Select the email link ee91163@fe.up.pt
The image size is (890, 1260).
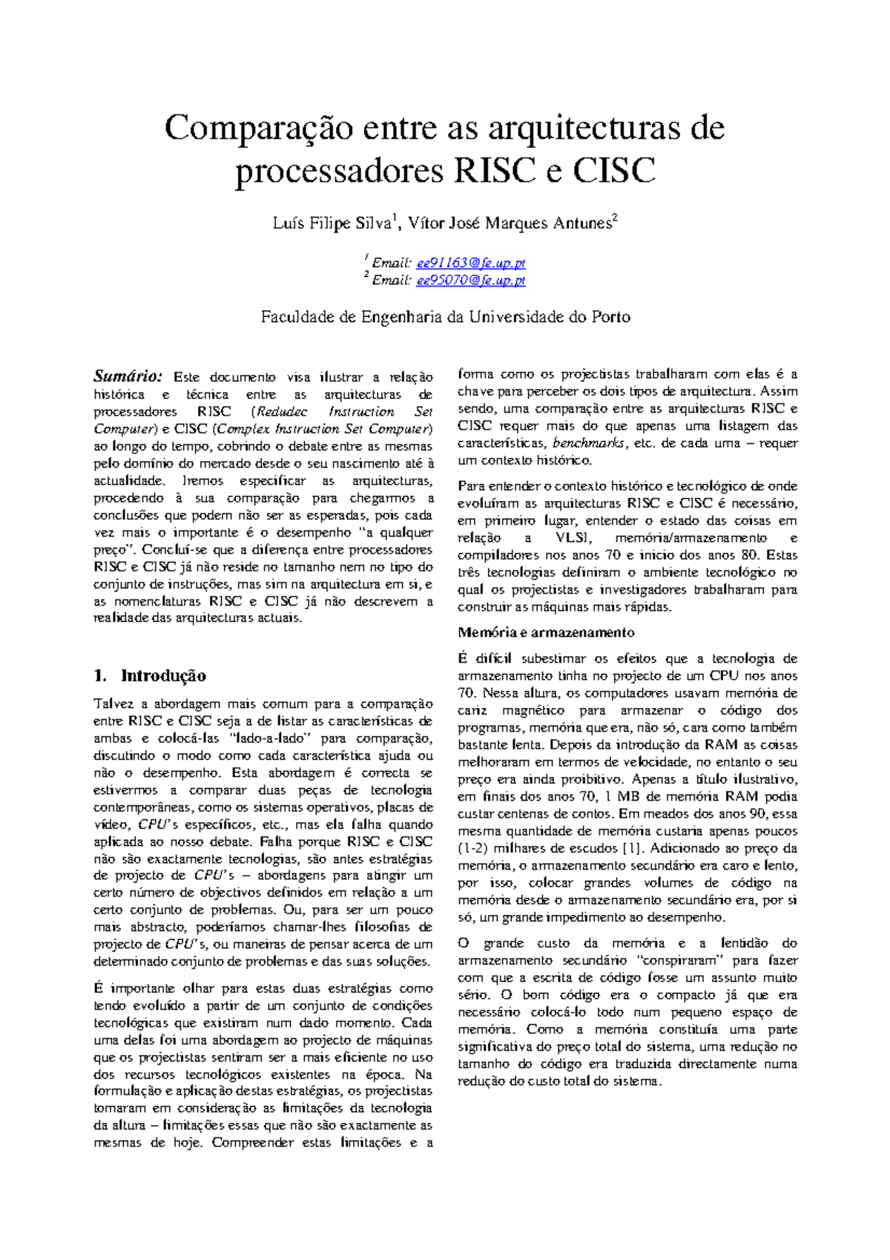[x=470, y=263]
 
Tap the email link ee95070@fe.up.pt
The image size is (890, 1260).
[x=470, y=280]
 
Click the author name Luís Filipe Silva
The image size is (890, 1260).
[x=332, y=223]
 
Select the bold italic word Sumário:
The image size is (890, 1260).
[x=128, y=377]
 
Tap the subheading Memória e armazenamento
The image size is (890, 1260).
[x=546, y=633]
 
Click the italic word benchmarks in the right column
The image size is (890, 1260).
[x=590, y=443]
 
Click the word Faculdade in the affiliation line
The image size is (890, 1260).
[x=297, y=318]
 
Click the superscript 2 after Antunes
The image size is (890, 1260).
[x=614, y=217]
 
